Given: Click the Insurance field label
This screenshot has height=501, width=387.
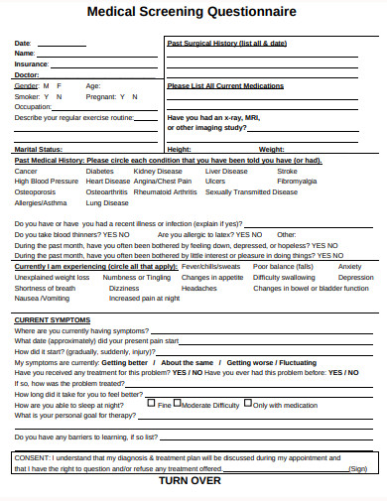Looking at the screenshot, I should coord(31,63).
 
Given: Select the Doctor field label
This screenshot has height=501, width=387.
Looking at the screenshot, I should coord(27,74).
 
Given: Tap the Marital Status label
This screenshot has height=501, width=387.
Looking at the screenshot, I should coord(37,149).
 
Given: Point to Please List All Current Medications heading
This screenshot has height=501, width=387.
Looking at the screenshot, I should coord(226,85).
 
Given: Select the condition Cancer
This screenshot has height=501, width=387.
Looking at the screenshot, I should coord(26,171).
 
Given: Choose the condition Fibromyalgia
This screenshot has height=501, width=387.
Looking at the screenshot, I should coord(297,182).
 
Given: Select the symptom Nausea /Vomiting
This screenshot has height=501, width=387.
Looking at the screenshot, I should coord(43,298).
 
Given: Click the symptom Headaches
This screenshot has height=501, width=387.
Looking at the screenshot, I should coord(198,288).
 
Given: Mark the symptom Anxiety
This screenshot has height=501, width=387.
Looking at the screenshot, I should coord(349,267).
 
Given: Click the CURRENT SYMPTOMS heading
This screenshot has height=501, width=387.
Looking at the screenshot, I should coord(52,320).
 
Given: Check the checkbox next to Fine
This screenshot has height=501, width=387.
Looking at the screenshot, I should coord(151,404).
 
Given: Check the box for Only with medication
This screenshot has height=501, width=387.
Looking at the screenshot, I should coord(248,404).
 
